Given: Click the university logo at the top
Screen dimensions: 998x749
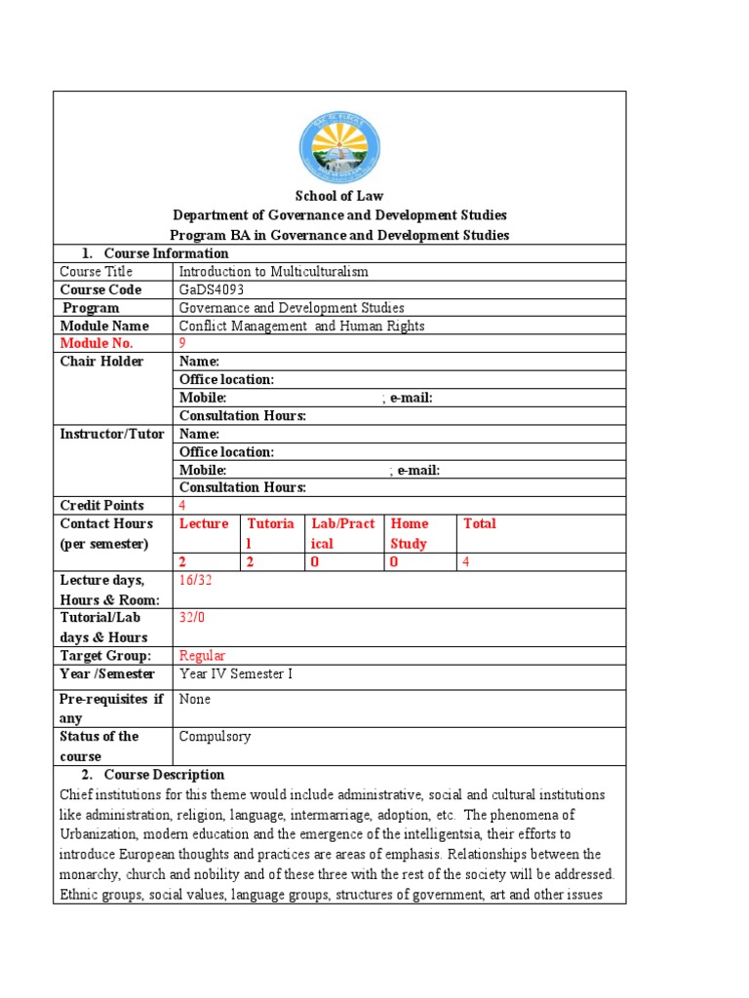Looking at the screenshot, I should pos(339,148).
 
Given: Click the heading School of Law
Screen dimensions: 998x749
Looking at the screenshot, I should pos(339,196).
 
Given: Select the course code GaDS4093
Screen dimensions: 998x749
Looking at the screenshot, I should pos(213,289).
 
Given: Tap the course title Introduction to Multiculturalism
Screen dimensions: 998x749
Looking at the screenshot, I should pos(274,272).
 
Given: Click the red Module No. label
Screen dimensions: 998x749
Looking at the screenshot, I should pos(97,343).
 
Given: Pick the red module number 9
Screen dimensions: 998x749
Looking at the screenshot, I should pos(182,343).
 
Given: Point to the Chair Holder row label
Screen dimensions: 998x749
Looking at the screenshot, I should pos(101,362).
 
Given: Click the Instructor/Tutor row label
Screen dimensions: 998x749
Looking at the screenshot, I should pos(112,434).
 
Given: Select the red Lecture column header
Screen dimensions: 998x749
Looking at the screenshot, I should pos(204,523).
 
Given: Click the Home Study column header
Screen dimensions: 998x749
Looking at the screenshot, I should pos(410,533).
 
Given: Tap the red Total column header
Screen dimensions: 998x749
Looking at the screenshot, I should pos(479,523).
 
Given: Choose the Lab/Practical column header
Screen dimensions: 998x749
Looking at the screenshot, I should pos(342,533).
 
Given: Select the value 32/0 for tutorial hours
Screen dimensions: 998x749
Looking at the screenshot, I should pos(192,617).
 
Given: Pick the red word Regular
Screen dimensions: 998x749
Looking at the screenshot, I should pos(202,655).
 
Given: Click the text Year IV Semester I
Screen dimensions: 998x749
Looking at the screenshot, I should pos(236,673).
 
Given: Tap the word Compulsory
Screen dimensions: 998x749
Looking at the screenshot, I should pos(215,737).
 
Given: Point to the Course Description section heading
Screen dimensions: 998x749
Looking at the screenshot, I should pos(164,775).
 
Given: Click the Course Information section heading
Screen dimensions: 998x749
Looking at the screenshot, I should pos(166,253).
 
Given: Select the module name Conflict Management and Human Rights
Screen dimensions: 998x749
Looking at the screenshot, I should pos(302,326).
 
